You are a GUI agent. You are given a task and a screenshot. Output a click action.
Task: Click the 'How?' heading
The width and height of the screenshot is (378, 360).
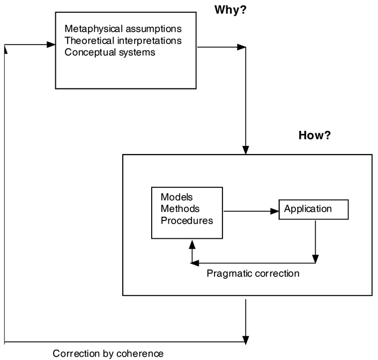pyautogui.click(x=314, y=135)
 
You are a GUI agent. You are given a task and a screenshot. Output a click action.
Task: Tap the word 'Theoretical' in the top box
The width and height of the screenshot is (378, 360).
pyautogui.click(x=88, y=40)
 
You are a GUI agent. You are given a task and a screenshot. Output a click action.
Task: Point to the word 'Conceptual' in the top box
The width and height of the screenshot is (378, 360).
pyautogui.click(x=88, y=53)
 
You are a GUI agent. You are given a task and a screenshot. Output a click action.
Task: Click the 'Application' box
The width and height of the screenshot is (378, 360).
pyautogui.click(x=314, y=209)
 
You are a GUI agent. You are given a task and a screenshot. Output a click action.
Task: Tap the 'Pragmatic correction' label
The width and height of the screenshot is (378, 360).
pyautogui.click(x=253, y=274)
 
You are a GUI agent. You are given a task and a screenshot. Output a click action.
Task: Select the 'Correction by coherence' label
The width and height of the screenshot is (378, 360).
pyautogui.click(x=108, y=353)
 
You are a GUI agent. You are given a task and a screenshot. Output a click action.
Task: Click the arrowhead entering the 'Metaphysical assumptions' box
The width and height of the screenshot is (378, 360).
pyautogui.click(x=51, y=45)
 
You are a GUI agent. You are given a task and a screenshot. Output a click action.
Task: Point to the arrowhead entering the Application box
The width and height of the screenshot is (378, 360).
pyautogui.click(x=275, y=211)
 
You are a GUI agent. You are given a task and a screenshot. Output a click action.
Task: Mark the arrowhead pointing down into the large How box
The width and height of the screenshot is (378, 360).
pyautogui.click(x=246, y=150)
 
